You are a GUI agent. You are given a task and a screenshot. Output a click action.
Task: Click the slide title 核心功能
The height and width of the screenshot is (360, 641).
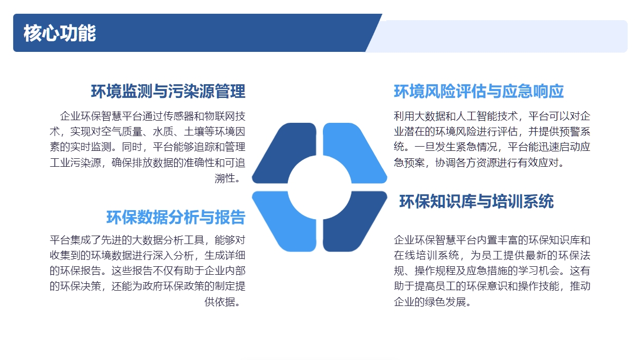[x=59, y=33]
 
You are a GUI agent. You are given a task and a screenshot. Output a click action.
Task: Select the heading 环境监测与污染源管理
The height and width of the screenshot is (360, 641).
[x=168, y=91]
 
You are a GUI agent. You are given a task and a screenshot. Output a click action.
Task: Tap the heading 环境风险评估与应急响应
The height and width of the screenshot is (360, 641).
[x=479, y=91]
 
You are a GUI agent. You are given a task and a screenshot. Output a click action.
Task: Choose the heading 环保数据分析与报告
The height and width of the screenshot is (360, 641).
[x=176, y=217]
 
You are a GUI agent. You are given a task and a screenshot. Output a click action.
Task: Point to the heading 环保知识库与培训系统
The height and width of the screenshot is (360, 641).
[x=476, y=201]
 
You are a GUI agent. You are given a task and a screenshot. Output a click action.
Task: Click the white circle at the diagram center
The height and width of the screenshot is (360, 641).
[x=320, y=187]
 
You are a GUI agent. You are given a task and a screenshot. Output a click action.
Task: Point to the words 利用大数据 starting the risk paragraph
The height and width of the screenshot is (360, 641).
[x=420, y=116]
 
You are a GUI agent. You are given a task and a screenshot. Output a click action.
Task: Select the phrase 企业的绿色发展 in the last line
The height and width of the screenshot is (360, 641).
[x=430, y=302]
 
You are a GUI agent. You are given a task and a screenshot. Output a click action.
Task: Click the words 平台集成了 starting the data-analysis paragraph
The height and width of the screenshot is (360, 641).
[x=76, y=240]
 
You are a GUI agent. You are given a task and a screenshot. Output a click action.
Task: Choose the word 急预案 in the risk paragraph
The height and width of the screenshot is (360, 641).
[x=410, y=163]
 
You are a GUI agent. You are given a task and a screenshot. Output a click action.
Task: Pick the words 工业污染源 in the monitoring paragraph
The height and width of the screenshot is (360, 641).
[x=76, y=163]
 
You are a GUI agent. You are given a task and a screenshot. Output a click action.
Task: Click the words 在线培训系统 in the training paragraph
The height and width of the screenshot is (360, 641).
[x=425, y=255]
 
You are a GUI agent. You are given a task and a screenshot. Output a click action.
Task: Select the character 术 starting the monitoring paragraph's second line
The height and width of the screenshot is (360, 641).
[x=55, y=132]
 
